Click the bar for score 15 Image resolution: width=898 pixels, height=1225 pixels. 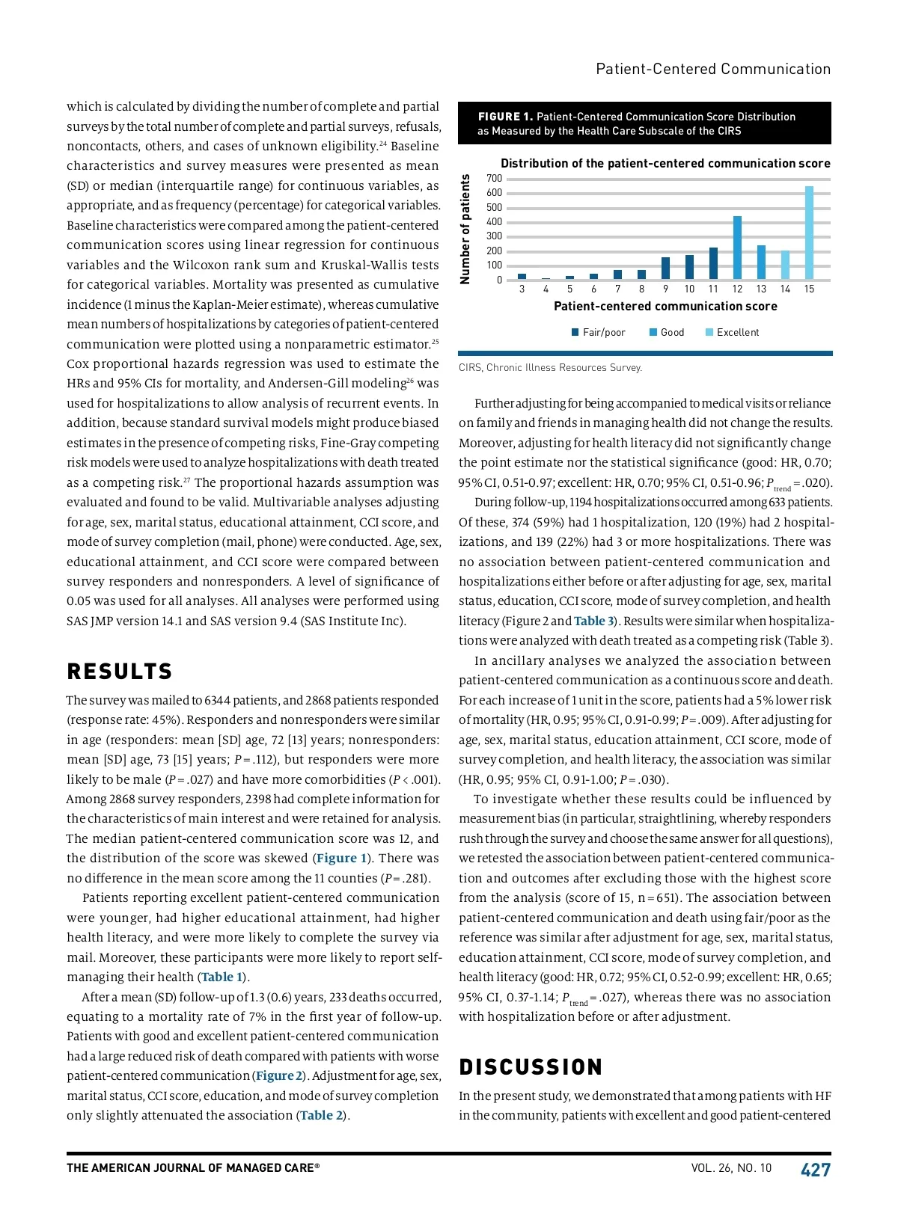(x=809, y=233)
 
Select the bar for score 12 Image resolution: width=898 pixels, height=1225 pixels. (x=737, y=248)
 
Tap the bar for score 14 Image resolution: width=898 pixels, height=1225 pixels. (x=785, y=265)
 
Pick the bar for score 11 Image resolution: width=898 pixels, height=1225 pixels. (x=713, y=263)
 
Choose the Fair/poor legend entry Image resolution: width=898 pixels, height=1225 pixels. (x=598, y=333)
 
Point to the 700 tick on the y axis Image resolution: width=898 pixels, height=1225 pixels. (x=495, y=179)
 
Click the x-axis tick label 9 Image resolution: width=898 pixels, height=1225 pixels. (x=665, y=289)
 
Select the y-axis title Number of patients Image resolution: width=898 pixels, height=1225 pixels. (x=465, y=230)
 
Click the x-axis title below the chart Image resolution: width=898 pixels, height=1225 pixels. (x=665, y=307)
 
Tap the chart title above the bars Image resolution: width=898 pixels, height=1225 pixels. (x=665, y=164)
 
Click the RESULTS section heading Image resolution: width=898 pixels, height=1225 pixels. (x=120, y=672)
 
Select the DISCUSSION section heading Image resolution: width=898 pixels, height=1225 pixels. (x=531, y=1067)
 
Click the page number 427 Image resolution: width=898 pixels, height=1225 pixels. (x=816, y=1170)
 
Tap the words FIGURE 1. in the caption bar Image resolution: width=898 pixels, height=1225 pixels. (x=505, y=117)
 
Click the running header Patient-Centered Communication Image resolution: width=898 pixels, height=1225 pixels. (x=713, y=70)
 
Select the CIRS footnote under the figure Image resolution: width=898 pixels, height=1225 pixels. (x=550, y=368)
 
